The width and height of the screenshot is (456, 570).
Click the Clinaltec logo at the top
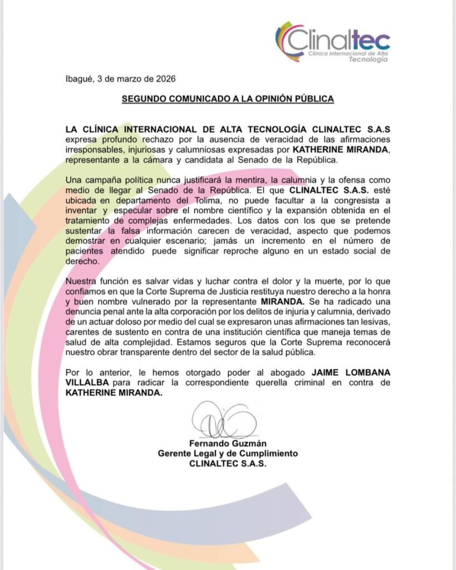click(332, 41)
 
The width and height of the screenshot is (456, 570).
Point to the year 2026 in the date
click(167, 79)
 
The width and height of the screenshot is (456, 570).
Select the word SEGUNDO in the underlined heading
click(146, 99)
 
